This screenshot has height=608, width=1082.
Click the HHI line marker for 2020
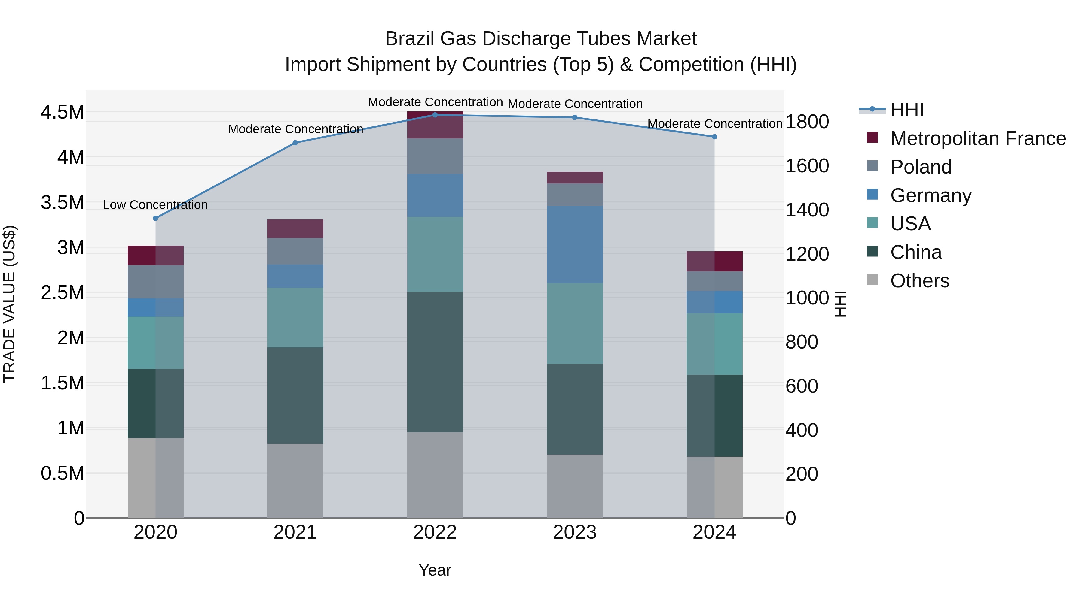[155, 218]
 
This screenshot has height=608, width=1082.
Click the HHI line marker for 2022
[435, 115]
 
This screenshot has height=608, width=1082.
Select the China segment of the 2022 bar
[435, 362]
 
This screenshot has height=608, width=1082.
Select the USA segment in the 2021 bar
[295, 317]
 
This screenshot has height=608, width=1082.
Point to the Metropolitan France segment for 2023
[575, 177]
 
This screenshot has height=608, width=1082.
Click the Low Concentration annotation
[155, 205]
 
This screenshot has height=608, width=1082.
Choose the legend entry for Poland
[920, 167]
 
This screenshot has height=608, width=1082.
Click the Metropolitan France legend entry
[977, 138]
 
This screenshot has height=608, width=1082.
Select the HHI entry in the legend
[906, 110]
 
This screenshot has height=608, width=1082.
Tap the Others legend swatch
[873, 280]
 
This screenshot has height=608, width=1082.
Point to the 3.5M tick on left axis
[62, 202]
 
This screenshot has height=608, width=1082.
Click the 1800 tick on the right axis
[807, 122]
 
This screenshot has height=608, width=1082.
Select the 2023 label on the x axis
[575, 532]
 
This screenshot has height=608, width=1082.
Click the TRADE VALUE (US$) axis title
[9, 304]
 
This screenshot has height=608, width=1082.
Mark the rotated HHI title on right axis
[840, 304]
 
